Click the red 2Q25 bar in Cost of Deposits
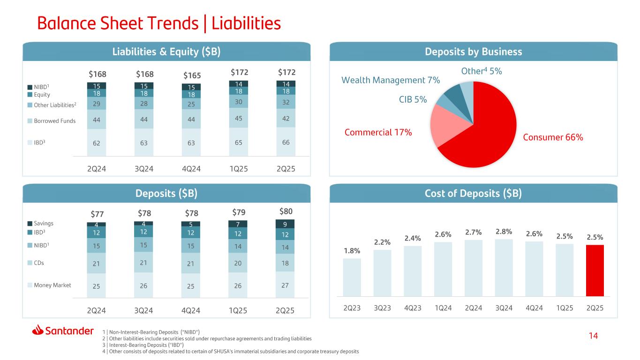point(595,270)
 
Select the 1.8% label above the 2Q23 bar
point(352,251)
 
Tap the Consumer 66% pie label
point(553,137)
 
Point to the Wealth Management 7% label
point(391,80)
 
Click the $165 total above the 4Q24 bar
point(192,76)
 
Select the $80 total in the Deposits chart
point(286,211)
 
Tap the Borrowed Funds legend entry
point(52,121)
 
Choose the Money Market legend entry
point(49,285)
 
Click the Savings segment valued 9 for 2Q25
point(285,224)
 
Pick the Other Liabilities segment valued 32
point(286,102)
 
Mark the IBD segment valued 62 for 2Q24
point(97,142)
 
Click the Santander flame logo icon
point(38,330)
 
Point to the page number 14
point(593,336)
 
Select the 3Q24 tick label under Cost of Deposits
point(504,308)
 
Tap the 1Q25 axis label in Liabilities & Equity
point(239,169)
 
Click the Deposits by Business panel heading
point(474,52)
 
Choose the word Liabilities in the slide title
point(246,23)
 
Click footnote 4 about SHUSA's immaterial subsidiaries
point(231,352)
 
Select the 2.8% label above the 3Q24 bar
point(504,232)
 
